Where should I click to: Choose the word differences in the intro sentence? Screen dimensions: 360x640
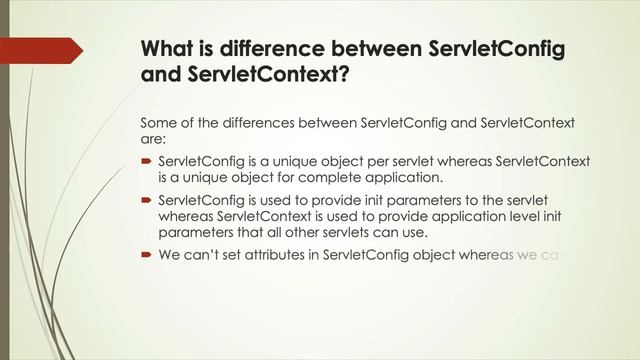[x=257, y=123]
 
